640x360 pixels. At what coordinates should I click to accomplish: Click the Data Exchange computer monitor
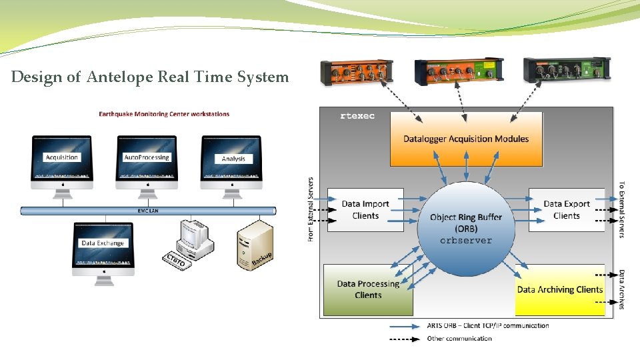(103, 245)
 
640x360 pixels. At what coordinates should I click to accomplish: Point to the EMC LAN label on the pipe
(148, 211)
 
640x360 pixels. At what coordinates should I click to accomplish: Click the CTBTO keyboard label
(175, 260)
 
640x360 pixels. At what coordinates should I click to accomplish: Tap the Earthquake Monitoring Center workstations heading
(164, 114)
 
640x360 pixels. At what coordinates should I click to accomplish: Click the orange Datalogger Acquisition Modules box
(466, 139)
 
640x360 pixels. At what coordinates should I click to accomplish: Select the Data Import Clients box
(365, 209)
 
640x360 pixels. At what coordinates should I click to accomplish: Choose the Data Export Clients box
(567, 209)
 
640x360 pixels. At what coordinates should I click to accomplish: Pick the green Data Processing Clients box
(368, 289)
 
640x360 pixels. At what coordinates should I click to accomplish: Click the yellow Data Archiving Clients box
(559, 290)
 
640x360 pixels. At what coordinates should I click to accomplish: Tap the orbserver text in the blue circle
(466, 241)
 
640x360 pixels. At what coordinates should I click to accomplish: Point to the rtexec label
(357, 116)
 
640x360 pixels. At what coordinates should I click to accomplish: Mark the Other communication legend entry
(459, 339)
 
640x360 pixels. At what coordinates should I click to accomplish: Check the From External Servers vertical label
(311, 209)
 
